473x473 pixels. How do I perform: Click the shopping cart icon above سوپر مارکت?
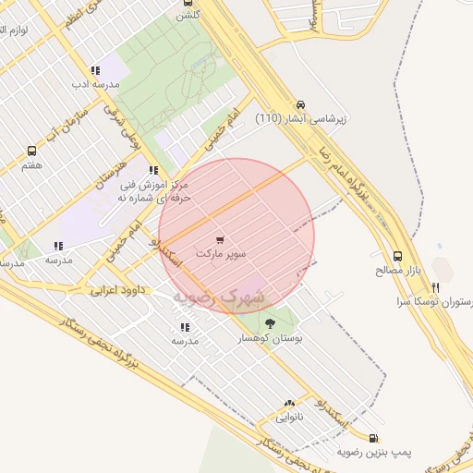click(x=219, y=239)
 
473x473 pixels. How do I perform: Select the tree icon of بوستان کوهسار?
click(x=270, y=322)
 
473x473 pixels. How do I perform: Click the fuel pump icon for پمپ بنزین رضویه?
click(x=372, y=439)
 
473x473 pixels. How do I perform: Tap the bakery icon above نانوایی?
click(x=290, y=404)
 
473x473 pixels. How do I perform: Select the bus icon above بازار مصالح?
click(x=397, y=256)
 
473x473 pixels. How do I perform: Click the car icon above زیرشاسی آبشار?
click(x=300, y=105)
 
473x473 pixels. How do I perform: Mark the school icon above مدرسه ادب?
click(x=95, y=70)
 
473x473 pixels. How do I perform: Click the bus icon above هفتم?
click(x=32, y=151)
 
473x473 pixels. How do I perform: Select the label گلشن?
click(x=189, y=14)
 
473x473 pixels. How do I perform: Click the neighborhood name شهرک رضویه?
click(x=218, y=297)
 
